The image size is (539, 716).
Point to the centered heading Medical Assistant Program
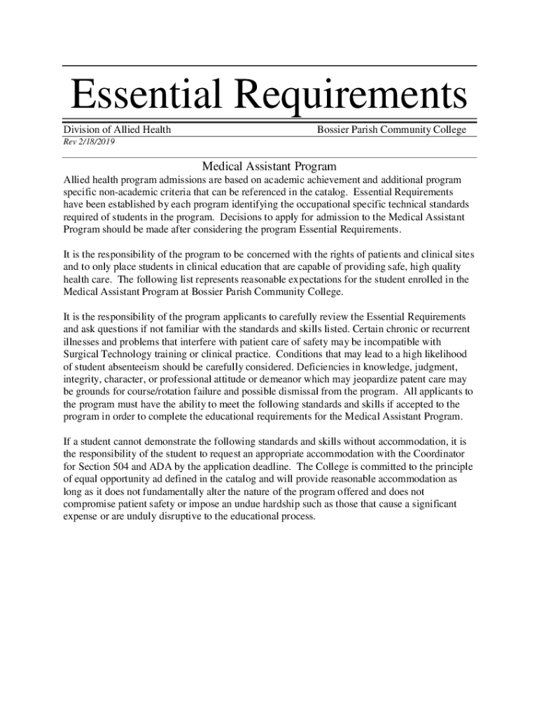(269, 166)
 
